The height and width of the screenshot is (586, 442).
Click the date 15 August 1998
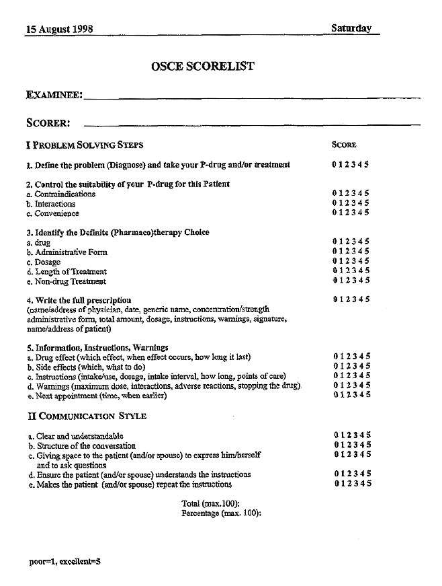[x=59, y=29]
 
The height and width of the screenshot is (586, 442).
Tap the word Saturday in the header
[x=351, y=28]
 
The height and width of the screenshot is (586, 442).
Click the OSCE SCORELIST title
[x=204, y=66]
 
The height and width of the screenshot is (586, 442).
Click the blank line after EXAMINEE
[x=252, y=98]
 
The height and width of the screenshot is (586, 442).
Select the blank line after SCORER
[x=252, y=124]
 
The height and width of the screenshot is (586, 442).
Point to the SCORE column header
[x=344, y=145]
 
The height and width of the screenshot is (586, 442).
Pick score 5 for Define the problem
[x=367, y=165]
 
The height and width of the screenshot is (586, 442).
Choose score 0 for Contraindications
[x=334, y=194]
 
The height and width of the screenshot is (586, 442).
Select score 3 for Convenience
[x=354, y=213]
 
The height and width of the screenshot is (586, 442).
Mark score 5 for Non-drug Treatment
[x=367, y=281]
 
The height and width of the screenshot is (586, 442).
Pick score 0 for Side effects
[x=335, y=366]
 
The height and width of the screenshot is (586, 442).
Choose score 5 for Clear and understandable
[x=369, y=435]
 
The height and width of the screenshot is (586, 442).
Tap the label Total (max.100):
[x=211, y=503]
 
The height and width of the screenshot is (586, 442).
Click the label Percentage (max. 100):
[x=221, y=513]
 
